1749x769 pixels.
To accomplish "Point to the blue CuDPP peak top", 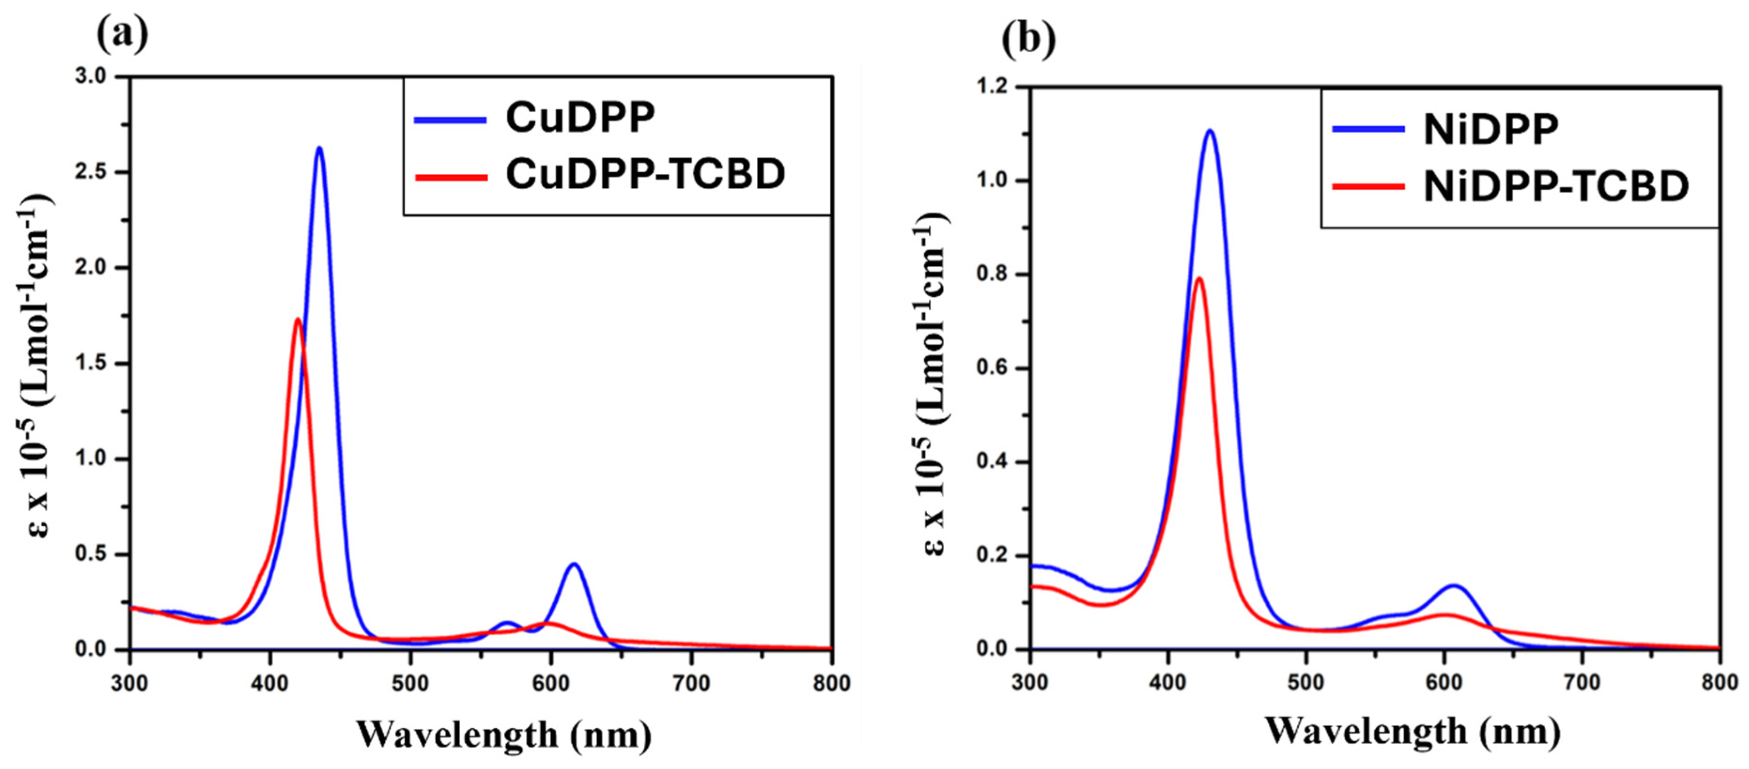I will click(319, 148).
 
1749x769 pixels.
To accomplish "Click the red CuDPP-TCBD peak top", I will click(297, 319).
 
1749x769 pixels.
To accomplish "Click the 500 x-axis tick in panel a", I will click(410, 683).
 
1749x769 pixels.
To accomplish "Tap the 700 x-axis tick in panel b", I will click(1582, 682).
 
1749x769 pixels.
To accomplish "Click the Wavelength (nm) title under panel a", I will click(503, 734).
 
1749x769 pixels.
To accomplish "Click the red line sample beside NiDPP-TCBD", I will click(1368, 186).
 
